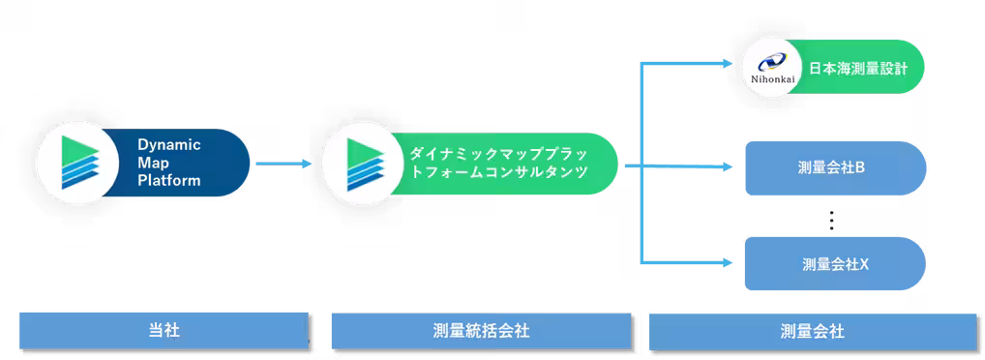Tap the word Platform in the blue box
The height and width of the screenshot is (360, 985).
[x=168, y=180]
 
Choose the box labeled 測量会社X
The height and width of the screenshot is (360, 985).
[x=835, y=263]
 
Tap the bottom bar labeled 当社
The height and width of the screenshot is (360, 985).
[x=163, y=330]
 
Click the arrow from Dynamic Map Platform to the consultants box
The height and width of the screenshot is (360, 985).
[x=283, y=165]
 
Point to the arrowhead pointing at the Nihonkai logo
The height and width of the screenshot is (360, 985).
[x=729, y=65]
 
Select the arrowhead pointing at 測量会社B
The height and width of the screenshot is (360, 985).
[x=729, y=167]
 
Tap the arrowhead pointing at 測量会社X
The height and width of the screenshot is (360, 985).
[x=729, y=261]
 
